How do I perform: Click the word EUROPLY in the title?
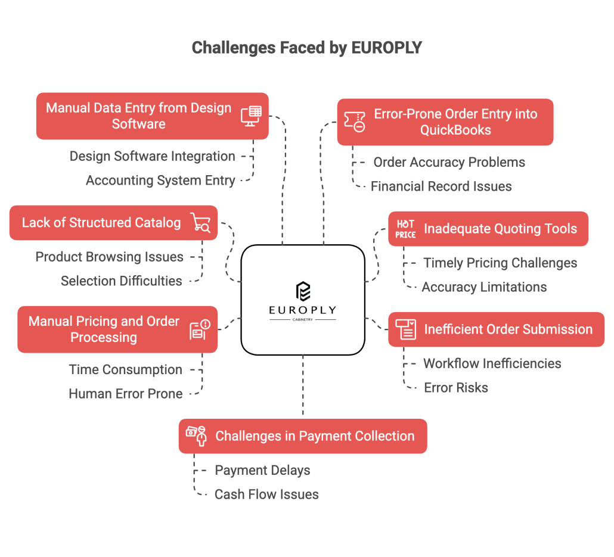pyautogui.click(x=386, y=48)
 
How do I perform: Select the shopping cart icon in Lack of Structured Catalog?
pyautogui.click(x=200, y=223)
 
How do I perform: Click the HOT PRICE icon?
pyautogui.click(x=405, y=229)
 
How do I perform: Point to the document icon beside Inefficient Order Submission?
pyautogui.click(x=405, y=329)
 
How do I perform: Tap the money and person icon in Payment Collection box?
pyautogui.click(x=196, y=436)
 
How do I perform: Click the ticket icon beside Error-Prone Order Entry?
pyautogui.click(x=355, y=122)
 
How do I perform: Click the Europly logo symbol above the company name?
pyautogui.click(x=303, y=291)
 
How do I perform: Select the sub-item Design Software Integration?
pyautogui.click(x=153, y=156)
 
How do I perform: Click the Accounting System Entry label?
pyautogui.click(x=160, y=181)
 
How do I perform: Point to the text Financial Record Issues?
pyautogui.click(x=441, y=186)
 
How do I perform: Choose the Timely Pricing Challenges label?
pyautogui.click(x=500, y=263)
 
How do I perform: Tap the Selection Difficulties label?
pyautogui.click(x=122, y=281)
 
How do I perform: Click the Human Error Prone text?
pyautogui.click(x=126, y=394)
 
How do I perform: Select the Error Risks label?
pyautogui.click(x=456, y=388)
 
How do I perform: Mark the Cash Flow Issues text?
pyautogui.click(x=266, y=494)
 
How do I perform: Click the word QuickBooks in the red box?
pyautogui.click(x=455, y=130)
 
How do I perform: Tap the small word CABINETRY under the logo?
pyautogui.click(x=303, y=319)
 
